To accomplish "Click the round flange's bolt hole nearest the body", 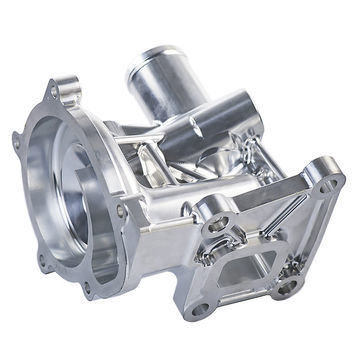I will [121, 211].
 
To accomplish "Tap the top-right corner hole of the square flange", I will [325, 186].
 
